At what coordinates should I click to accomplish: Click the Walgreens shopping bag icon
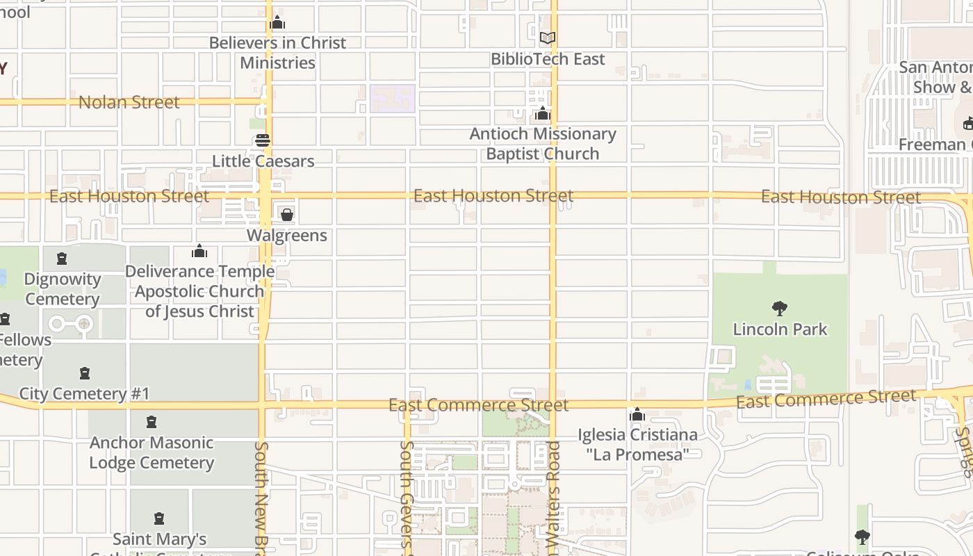click(286, 215)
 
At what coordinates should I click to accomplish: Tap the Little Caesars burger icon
click(262, 140)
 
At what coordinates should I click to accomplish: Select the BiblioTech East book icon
click(548, 38)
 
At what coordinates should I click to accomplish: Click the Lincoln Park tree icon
click(780, 308)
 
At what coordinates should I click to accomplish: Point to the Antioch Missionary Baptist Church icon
click(542, 113)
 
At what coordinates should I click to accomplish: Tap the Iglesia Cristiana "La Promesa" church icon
click(637, 415)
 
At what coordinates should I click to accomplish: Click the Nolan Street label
click(129, 102)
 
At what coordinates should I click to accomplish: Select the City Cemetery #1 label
click(84, 393)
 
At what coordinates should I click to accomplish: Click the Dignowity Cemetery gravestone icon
click(62, 259)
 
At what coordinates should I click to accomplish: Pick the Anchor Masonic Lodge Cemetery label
click(152, 452)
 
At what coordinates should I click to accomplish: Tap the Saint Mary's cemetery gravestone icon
click(159, 518)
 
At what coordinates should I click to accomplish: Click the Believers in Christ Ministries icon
click(277, 23)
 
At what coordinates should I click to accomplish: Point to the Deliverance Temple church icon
click(199, 251)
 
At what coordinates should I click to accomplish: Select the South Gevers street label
click(407, 497)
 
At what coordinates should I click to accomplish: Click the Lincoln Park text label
click(780, 329)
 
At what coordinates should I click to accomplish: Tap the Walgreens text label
click(286, 236)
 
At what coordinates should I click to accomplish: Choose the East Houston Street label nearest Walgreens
click(129, 196)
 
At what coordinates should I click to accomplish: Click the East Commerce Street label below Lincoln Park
click(826, 399)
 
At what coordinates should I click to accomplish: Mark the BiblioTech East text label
click(548, 59)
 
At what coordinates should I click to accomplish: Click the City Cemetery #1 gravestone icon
click(84, 373)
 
